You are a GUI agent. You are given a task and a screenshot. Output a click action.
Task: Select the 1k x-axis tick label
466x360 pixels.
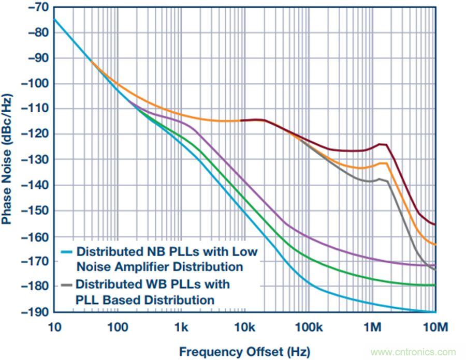[x=181, y=327]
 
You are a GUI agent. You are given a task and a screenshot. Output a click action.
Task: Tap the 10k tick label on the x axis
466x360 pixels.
[x=244, y=327]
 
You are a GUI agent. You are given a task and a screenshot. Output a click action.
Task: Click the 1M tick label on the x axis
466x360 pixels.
[x=372, y=327]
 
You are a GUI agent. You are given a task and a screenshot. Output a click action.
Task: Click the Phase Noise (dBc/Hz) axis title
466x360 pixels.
[x=7, y=159]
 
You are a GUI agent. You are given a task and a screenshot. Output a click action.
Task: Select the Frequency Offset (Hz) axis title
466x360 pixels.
[x=244, y=352]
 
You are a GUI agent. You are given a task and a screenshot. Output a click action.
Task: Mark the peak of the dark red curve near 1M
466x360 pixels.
[x=382, y=144]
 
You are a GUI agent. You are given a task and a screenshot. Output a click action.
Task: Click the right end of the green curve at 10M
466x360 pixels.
[x=435, y=285]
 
